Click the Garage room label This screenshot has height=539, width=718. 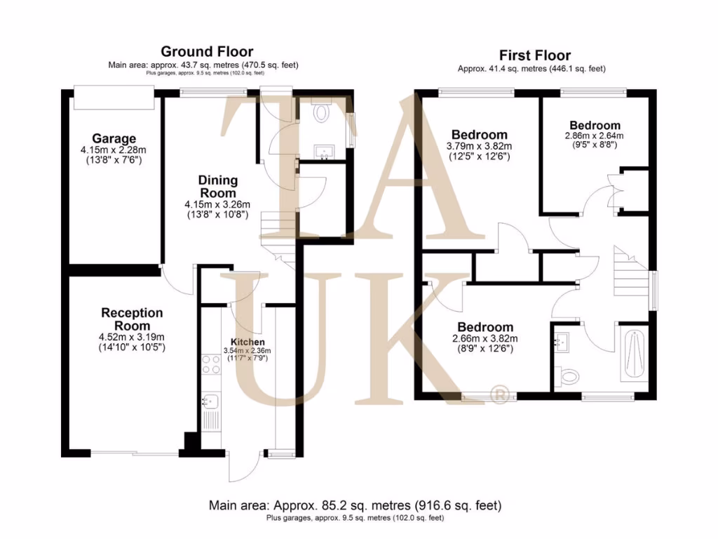[x=114, y=138]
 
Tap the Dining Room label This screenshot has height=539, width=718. [x=218, y=187]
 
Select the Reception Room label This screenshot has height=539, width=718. [x=132, y=319]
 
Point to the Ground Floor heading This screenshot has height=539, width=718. [x=207, y=51]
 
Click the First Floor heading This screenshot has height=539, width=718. [x=534, y=55]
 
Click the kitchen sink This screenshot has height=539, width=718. [x=210, y=401]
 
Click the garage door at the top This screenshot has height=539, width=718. [x=114, y=98]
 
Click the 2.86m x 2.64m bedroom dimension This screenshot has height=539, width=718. [x=594, y=136]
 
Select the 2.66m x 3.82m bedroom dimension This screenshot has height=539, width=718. [x=485, y=338]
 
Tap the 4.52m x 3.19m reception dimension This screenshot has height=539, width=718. [x=132, y=337]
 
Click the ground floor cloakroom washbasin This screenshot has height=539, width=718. [x=324, y=149]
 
